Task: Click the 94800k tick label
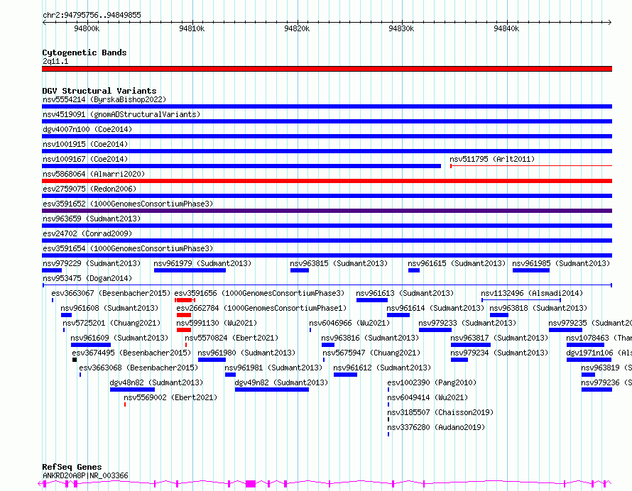coord(87,28)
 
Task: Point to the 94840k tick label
coord(506,28)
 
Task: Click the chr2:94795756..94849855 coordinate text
coord(92,15)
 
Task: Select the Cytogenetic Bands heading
coord(85,53)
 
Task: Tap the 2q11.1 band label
coord(55,61)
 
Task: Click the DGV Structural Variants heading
coord(99,91)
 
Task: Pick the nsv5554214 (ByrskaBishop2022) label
coord(104,99)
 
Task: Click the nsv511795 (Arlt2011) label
coord(492,159)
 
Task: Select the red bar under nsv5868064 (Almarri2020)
coord(327,181)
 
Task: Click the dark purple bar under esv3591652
coord(327,211)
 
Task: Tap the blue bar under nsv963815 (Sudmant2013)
coord(300,270)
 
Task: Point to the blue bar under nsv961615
coord(414,270)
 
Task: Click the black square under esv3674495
coord(75,360)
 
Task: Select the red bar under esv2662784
coord(184,315)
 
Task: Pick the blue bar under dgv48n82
coord(132,390)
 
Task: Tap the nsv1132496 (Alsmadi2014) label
coord(532,293)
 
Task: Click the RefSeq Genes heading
coord(72,467)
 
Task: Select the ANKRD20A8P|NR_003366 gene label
coord(85,475)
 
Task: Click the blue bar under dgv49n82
coord(272,390)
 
